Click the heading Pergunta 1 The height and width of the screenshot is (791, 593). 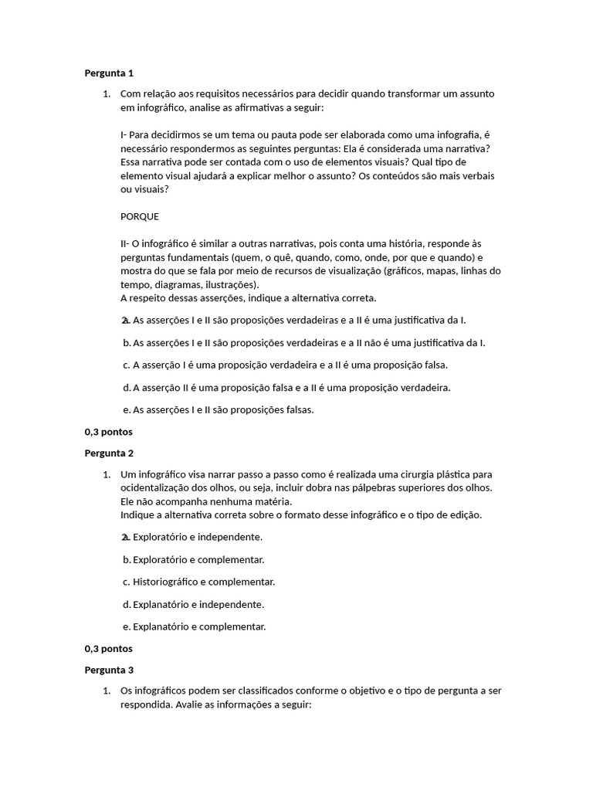(109, 73)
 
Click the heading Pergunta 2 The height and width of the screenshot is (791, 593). (109, 453)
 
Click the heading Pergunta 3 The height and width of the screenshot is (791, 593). (109, 670)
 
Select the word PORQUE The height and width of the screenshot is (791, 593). (140, 216)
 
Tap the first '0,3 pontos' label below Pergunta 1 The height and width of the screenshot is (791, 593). (108, 432)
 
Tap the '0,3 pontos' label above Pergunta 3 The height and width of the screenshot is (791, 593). (108, 649)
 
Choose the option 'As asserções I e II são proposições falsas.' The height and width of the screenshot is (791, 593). (223, 409)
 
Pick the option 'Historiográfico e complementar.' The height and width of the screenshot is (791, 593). (204, 582)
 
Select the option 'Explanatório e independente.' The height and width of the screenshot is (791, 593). (198, 604)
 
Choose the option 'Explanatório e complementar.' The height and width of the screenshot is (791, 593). (199, 626)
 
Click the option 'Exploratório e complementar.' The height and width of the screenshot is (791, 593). (198, 559)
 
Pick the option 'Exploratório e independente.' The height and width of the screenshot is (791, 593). (198, 537)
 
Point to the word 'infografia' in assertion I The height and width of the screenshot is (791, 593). (459, 134)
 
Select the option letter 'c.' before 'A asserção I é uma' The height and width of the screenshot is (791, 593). (126, 365)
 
